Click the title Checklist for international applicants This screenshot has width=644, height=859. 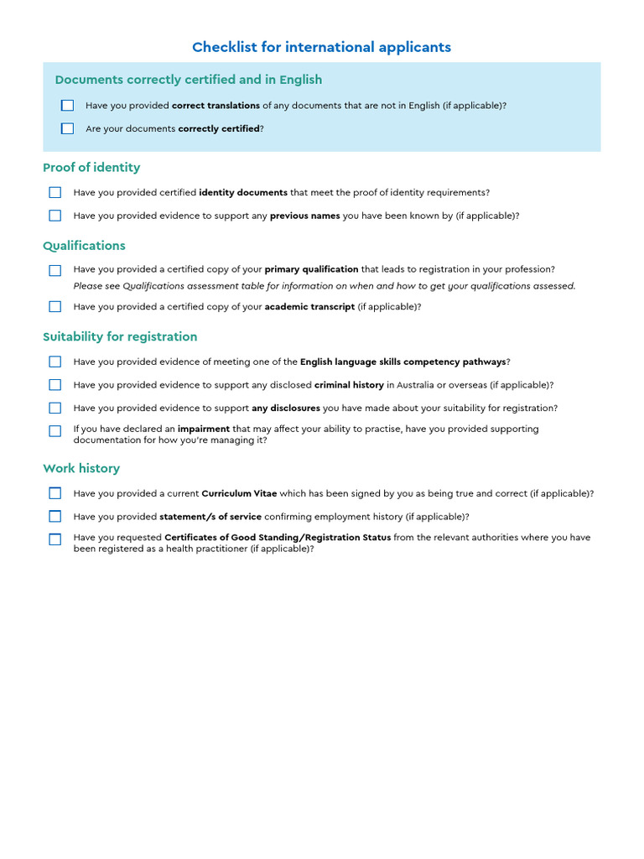pos(321,47)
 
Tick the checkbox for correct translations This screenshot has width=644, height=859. pos(67,106)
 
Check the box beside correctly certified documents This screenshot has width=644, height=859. pos(67,129)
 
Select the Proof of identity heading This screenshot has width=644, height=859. pos(91,167)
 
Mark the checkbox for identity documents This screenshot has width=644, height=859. pos(55,193)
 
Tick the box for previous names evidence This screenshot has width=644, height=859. pos(55,216)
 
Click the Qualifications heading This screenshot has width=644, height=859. pos(84,246)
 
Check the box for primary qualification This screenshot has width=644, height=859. pos(55,270)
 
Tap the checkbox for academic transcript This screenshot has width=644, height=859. pos(55,307)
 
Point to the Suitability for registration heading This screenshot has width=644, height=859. pos(120,336)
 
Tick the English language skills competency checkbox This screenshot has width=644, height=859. pos(55,362)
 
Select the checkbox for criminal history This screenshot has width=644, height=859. pos(55,385)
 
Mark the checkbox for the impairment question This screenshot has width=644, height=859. pos(55,431)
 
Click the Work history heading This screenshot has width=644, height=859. pos(81,468)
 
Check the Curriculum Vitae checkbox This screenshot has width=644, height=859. pos(55,494)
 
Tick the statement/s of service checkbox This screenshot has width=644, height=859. pos(55,517)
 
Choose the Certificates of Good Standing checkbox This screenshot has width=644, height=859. pos(55,539)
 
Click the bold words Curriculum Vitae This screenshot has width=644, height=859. pos(239,494)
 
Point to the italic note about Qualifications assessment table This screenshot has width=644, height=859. pos(325,286)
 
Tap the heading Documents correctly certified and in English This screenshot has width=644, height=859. pos(189,80)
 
